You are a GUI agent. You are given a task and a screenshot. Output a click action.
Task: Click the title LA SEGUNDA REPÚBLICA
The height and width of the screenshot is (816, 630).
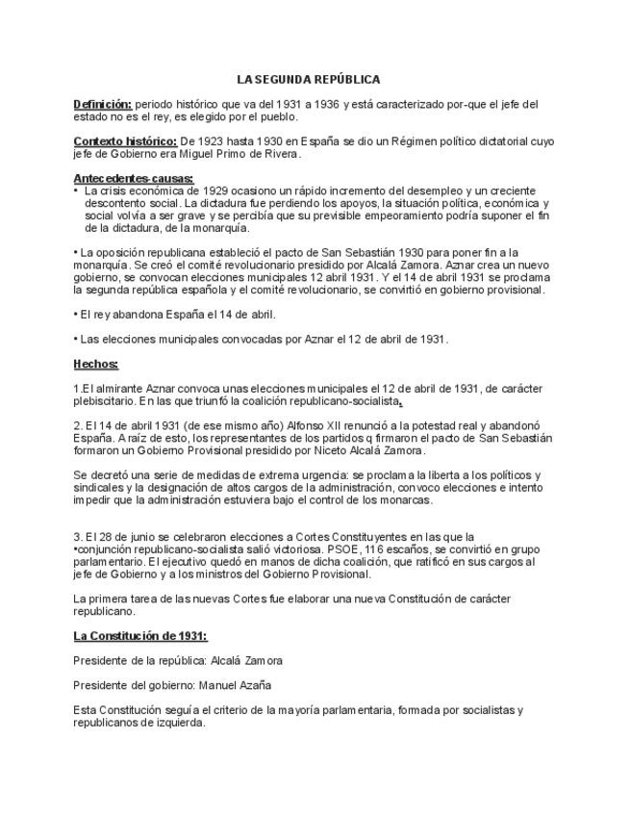309,79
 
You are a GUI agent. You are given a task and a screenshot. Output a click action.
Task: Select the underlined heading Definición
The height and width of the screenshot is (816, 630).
103,104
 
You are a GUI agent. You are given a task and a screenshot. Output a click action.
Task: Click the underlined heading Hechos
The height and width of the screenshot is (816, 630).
96,364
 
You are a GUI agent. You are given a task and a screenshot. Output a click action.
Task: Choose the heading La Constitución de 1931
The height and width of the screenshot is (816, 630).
140,636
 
